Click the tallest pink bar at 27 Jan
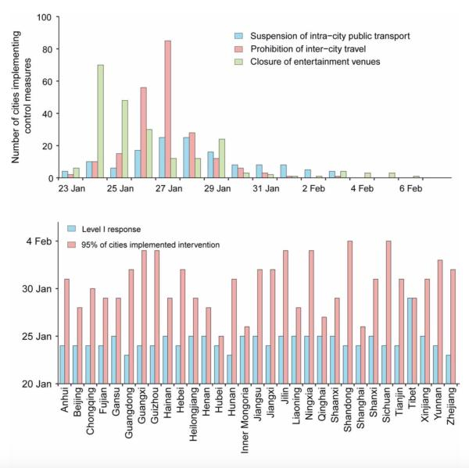click(168, 109)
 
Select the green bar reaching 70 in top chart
click(101, 121)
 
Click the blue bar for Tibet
click(410, 341)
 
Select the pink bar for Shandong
click(349, 313)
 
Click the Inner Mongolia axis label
click(245, 418)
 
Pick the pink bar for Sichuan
click(388, 313)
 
